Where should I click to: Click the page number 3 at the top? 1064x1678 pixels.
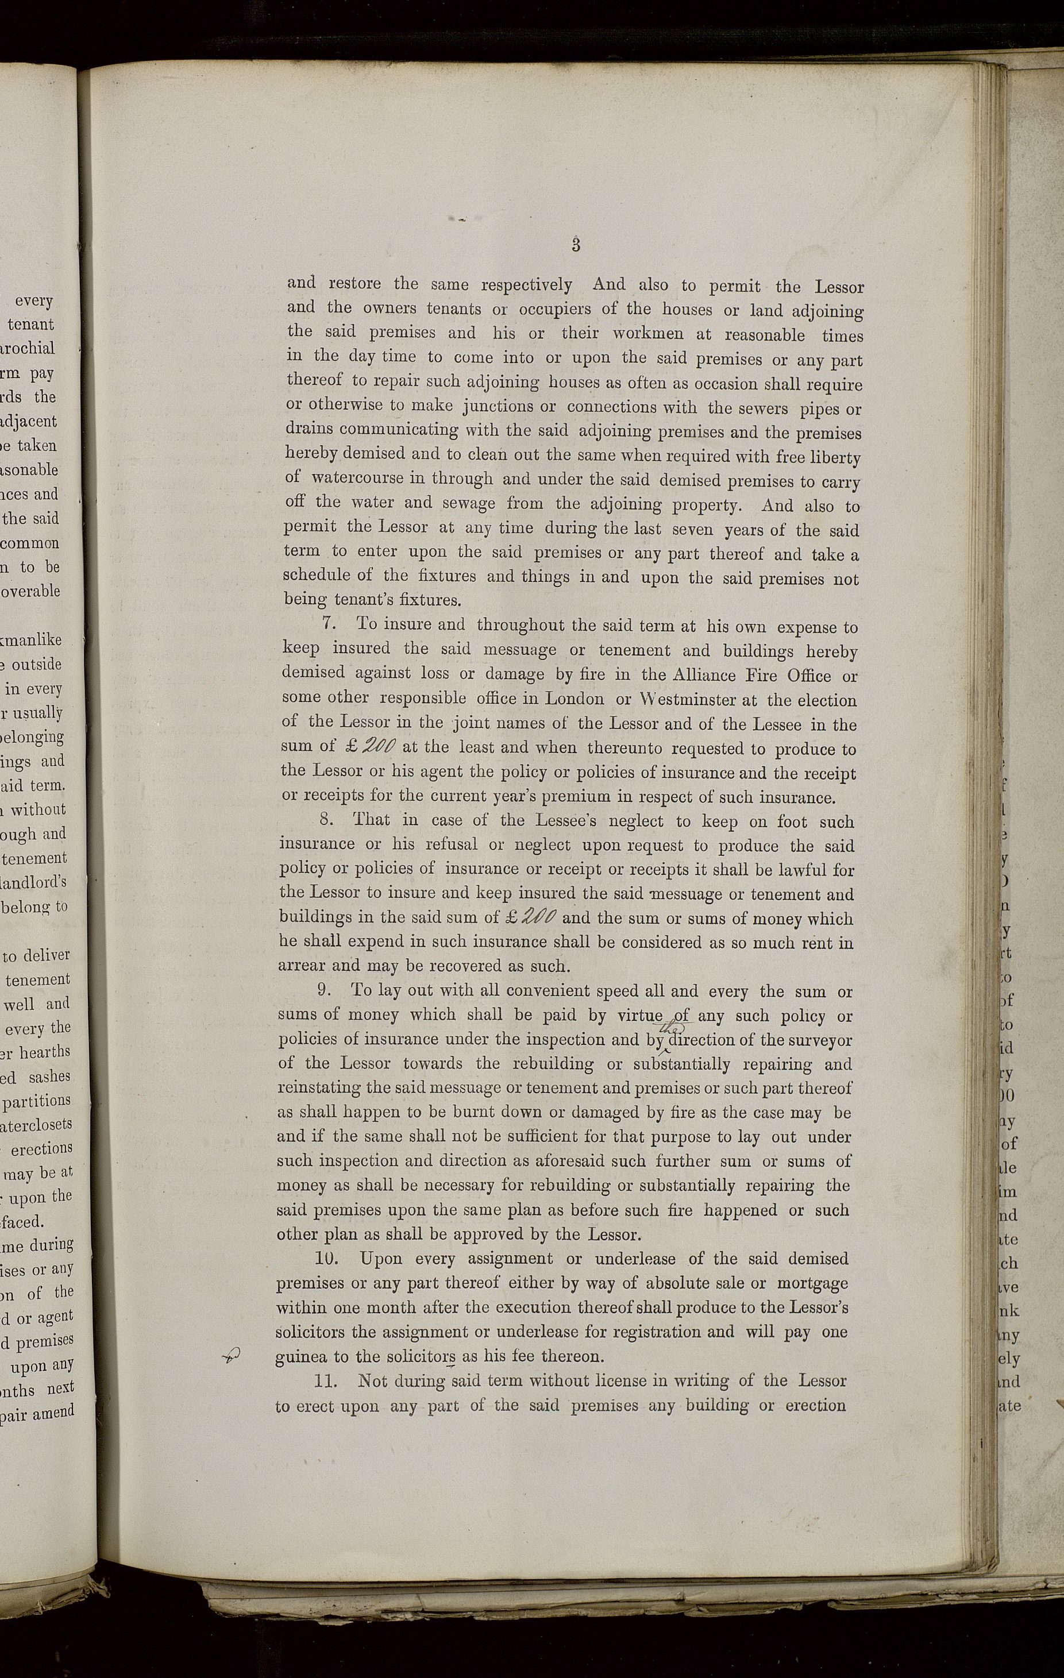tap(576, 245)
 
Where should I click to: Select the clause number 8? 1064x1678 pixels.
tap(325, 820)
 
